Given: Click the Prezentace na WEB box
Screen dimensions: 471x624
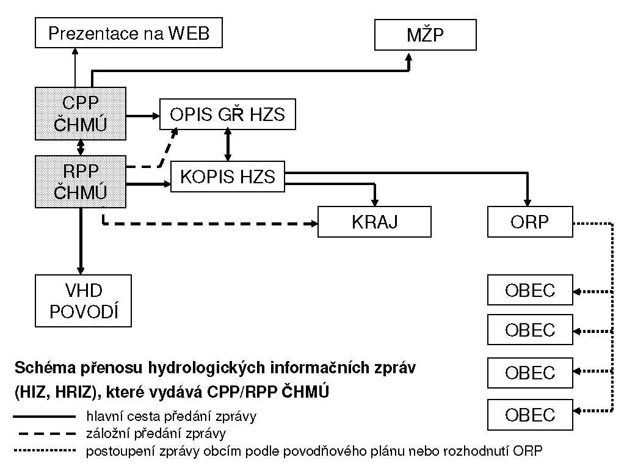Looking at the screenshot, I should pos(128,32).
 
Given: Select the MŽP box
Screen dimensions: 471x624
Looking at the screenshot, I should pos(425,35).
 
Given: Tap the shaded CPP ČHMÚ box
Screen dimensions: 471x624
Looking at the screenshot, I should pos(81,113).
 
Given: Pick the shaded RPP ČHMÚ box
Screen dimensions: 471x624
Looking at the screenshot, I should pos(81,181).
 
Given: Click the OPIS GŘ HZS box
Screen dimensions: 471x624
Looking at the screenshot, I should pos(227,114).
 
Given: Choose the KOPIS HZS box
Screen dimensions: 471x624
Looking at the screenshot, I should pos(228,177).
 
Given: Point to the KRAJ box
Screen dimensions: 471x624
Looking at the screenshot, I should pos(374,221).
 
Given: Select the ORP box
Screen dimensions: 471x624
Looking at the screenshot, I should pos(529,221).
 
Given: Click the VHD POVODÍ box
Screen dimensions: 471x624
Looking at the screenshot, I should pos(83,301).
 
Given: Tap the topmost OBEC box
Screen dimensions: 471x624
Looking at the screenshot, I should pos(529,290).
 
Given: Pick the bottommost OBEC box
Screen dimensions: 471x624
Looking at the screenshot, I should pos(529,415).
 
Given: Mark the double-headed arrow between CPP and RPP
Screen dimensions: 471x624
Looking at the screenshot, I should pos(81,147).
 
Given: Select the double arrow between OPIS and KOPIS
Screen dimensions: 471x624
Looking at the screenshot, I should pos(228,145).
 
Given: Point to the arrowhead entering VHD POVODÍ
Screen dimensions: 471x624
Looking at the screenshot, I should pos(81,269).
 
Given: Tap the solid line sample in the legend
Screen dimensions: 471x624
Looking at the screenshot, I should pos(43,417).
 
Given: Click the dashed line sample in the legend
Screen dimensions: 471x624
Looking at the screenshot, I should pos(43,434).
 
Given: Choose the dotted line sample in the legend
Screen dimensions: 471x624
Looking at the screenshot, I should pos(43,451).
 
